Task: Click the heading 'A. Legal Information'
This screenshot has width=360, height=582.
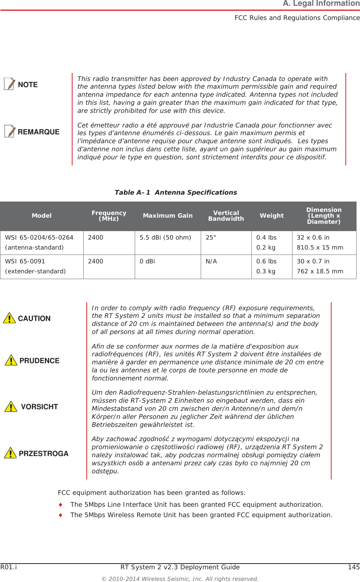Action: [321, 4]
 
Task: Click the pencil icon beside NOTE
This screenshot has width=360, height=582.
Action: [10, 84]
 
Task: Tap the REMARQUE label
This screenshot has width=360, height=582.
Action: [38, 132]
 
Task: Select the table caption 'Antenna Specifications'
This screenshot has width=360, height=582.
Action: [195, 192]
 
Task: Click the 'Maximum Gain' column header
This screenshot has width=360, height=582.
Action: [168, 216]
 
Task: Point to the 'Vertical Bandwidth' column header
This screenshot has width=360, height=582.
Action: [226, 216]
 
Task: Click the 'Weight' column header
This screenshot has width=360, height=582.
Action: [272, 216]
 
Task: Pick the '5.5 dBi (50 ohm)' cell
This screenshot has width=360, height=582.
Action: [165, 238]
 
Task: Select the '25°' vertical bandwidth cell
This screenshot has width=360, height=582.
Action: [211, 238]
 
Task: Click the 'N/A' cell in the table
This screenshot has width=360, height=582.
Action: [211, 261]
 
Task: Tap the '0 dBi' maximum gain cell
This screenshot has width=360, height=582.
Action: [147, 261]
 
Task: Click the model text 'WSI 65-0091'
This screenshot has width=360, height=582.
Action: [25, 261]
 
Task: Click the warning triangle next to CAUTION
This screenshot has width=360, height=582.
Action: [9, 318]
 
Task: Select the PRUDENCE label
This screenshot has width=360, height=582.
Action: [39, 361]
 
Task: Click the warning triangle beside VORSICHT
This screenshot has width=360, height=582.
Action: [11, 406]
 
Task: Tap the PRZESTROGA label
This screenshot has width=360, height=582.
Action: [43, 454]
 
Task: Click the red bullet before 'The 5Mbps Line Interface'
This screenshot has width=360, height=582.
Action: [60, 504]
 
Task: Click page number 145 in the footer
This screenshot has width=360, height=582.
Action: [353, 567]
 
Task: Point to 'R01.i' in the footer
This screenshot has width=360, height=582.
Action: [8, 567]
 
